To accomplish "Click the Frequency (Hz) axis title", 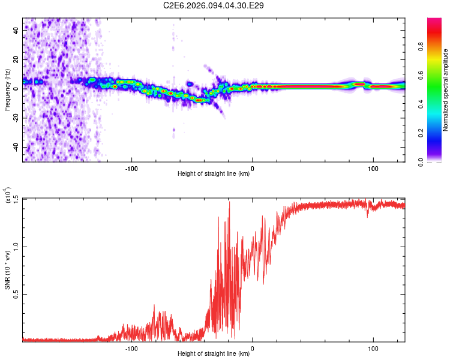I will pos(7,90).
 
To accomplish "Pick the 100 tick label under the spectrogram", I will pos(373,168).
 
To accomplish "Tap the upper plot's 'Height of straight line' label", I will pos(214,174).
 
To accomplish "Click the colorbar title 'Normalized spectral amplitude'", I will pos(446,90).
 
